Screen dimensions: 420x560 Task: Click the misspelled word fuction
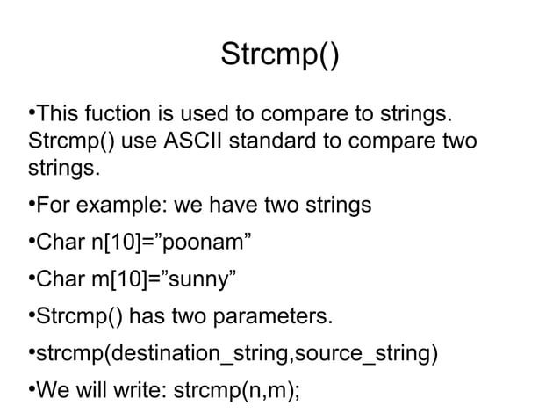point(114,115)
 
